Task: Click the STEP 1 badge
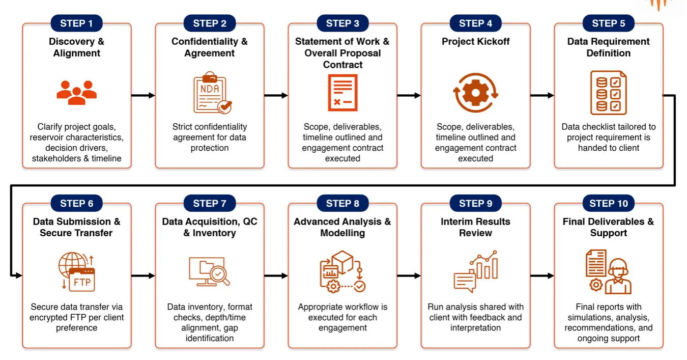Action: point(76,23)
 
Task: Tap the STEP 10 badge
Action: point(609,204)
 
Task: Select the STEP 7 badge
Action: point(210,204)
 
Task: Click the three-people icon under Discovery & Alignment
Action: point(77,93)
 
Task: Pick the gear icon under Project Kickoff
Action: point(476,93)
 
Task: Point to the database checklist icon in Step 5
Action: point(608,93)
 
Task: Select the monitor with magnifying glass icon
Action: point(209,272)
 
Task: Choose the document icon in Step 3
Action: point(342,93)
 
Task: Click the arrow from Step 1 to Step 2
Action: point(143,95)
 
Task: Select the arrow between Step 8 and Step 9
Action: point(409,275)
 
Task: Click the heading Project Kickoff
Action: point(475,42)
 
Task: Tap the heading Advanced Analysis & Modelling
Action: point(342,227)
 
